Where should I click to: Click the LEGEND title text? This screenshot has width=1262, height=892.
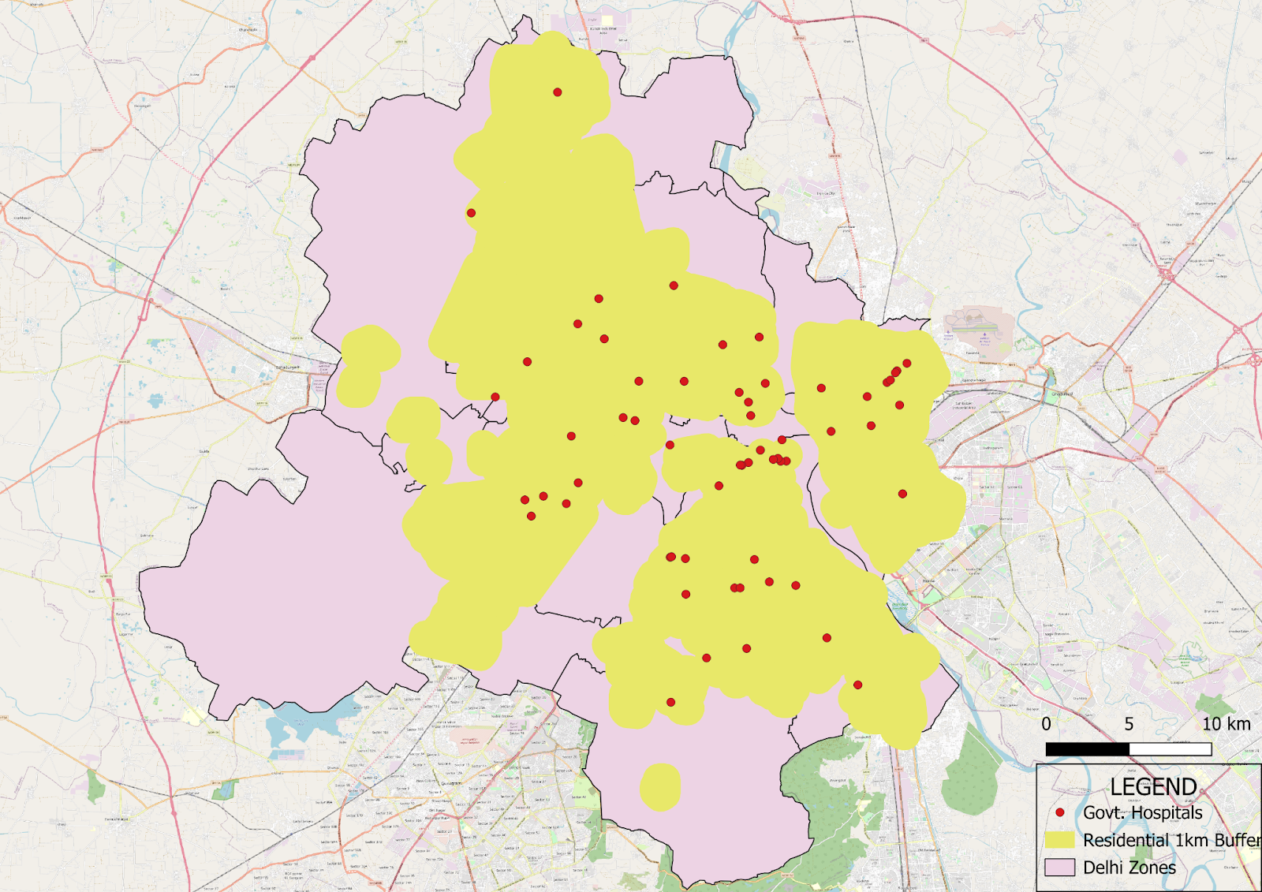click(1153, 786)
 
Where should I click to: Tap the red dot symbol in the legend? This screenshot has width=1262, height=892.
click(1060, 812)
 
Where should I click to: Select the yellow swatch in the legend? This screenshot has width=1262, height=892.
click(1060, 840)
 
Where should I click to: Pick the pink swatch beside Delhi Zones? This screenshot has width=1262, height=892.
click(1060, 868)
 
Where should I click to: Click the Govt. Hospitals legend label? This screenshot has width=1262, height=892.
click(1143, 812)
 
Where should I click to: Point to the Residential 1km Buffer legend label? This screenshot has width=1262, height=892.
click(1172, 840)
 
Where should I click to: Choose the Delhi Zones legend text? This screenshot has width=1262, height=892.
click(1129, 868)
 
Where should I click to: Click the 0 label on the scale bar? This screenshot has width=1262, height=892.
click(1046, 724)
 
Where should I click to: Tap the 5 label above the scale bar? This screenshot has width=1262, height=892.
click(1129, 724)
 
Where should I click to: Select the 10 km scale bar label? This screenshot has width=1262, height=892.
click(1226, 724)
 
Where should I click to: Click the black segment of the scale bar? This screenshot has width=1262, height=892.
click(1087, 748)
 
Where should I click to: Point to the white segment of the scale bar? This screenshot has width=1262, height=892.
click(1171, 748)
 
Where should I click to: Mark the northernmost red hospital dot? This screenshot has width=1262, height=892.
click(558, 92)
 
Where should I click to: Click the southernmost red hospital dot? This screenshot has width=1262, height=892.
click(670, 702)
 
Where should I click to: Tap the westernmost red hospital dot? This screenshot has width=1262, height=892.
click(471, 213)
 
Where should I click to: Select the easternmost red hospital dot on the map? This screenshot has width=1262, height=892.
click(907, 364)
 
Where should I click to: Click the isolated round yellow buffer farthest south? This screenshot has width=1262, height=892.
click(660, 786)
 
